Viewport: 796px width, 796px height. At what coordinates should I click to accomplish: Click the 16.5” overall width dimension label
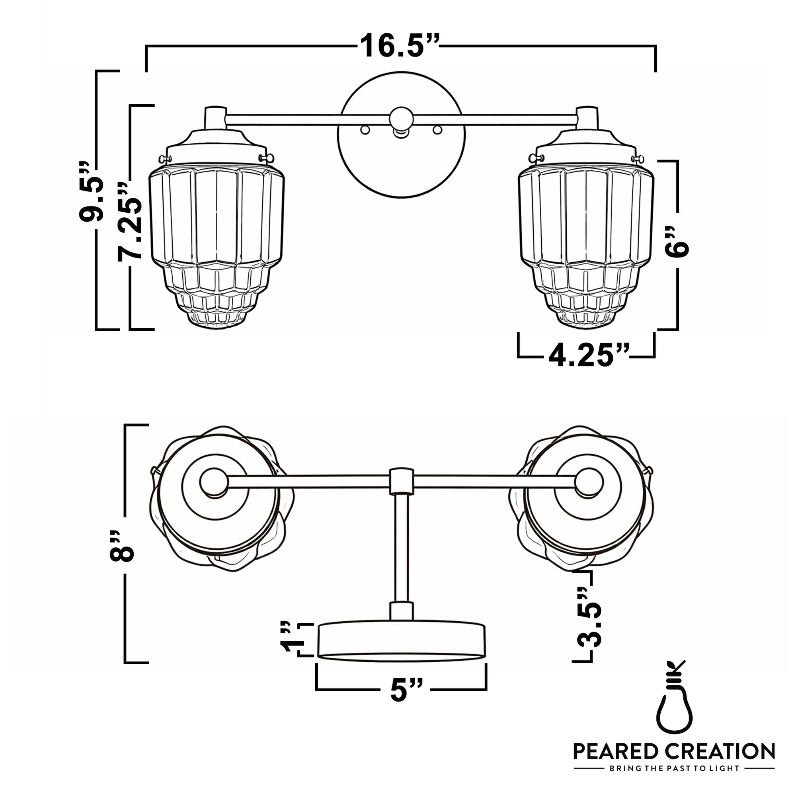point(399,45)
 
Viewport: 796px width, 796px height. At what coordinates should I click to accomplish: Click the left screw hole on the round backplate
point(365,130)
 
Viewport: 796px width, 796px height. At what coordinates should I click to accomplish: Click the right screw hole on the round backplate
point(437,130)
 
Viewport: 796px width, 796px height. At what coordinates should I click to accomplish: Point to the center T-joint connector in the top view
point(401,481)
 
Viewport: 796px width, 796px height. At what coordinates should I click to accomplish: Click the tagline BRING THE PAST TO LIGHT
point(675,769)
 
